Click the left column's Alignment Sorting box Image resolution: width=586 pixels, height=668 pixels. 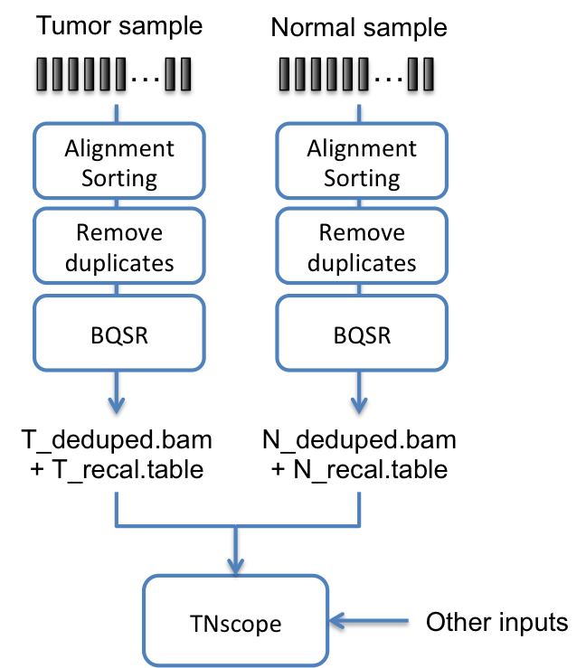[x=118, y=163]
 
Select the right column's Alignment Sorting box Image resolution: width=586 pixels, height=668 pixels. [x=361, y=163]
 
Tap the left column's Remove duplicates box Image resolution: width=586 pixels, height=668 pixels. [x=118, y=248]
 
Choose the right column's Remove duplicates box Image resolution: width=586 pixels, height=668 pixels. [x=361, y=248]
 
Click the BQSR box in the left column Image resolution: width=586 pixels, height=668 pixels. [x=118, y=334]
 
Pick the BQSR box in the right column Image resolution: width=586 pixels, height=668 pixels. [x=361, y=334]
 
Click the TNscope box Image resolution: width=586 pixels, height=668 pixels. [x=235, y=621]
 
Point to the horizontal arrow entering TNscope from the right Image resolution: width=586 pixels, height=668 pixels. [x=371, y=620]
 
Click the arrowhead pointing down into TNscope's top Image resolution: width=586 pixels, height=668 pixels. [x=235, y=566]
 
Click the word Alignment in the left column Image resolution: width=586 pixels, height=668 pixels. [x=119, y=148]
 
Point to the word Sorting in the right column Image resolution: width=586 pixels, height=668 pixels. [x=362, y=178]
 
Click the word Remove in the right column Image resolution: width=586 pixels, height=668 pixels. [x=362, y=232]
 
